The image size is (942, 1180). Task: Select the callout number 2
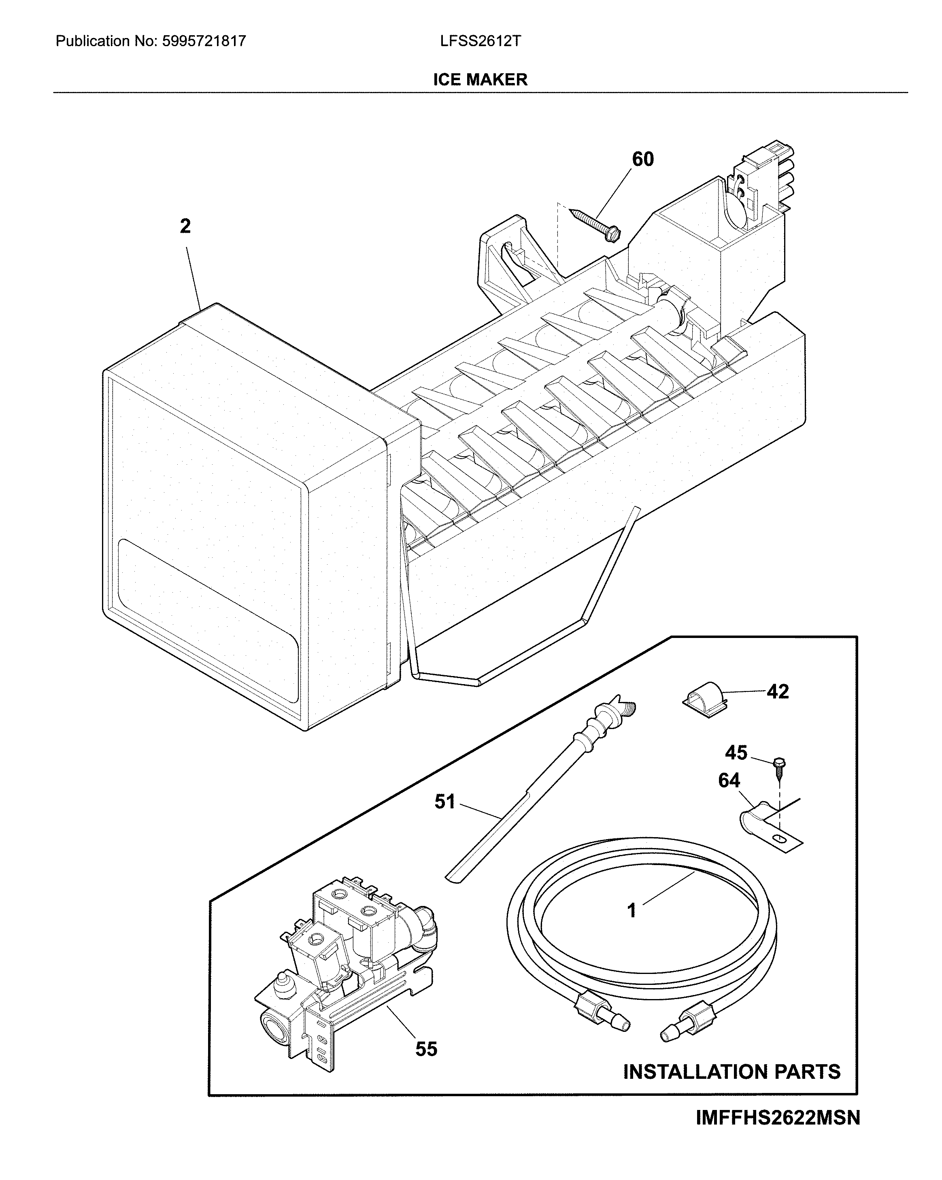pyautogui.click(x=185, y=226)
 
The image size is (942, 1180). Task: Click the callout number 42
pyautogui.click(x=777, y=692)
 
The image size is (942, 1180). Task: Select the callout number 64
pyautogui.click(x=729, y=780)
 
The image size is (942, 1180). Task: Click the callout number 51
pyautogui.click(x=444, y=802)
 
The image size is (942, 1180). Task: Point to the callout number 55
pyautogui.click(x=426, y=1049)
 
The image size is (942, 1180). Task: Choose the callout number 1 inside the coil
pyautogui.click(x=632, y=911)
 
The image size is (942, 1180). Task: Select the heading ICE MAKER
pyautogui.click(x=480, y=80)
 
